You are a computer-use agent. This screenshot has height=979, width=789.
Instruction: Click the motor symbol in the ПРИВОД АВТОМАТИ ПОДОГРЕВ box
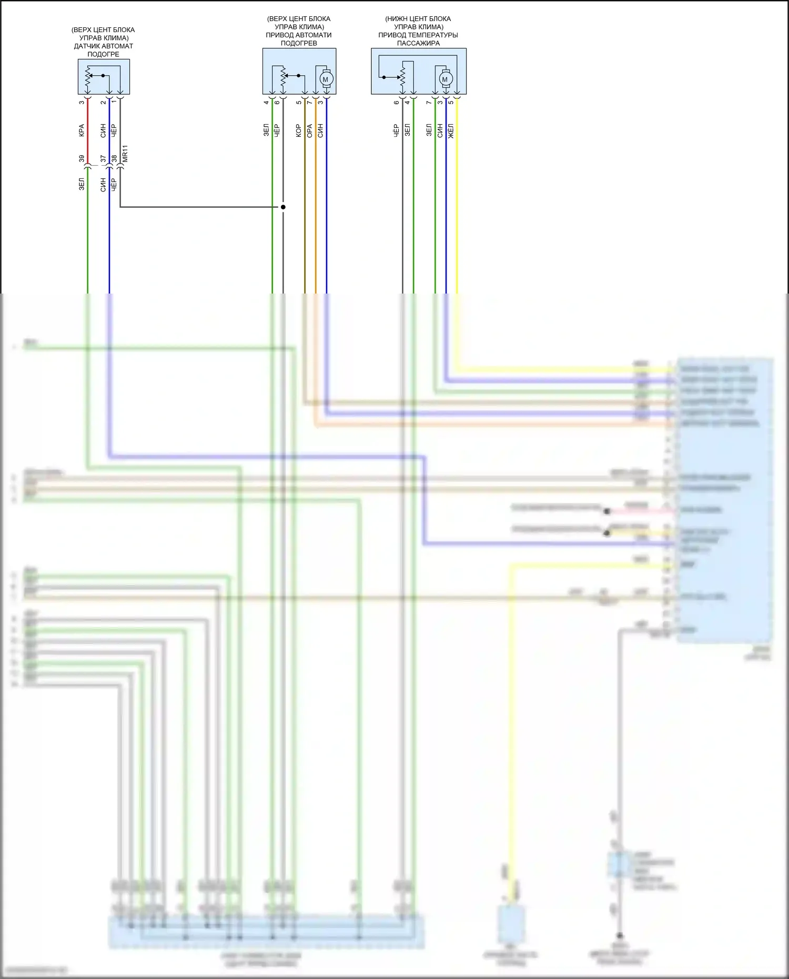[325, 79]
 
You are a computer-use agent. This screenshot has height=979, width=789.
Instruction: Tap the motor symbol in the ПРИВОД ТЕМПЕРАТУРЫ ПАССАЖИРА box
[445, 79]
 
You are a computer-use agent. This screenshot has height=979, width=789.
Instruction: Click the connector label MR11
[125, 153]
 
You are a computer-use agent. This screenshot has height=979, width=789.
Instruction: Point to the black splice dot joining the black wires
[283, 207]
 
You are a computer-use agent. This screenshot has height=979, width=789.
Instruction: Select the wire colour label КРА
[82, 130]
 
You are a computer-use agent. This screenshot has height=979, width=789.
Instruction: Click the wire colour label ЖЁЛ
[451, 131]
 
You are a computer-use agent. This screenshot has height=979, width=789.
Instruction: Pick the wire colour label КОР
[299, 130]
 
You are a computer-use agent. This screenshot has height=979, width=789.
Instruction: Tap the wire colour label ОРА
[310, 130]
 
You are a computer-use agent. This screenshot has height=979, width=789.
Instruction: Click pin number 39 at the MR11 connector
[82, 158]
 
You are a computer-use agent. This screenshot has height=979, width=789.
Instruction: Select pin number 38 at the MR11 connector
[114, 158]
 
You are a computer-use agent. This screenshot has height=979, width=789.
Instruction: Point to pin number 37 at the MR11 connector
[103, 158]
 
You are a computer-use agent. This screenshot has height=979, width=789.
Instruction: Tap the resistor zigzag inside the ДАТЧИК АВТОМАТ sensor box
[88, 76]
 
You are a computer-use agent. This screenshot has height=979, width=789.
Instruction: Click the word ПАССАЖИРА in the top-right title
[418, 43]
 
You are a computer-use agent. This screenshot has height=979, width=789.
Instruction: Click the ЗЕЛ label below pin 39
[82, 184]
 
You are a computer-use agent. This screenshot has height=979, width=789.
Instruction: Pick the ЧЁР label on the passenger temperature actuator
[397, 130]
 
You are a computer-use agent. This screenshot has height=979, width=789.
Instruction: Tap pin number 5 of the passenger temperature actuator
[451, 102]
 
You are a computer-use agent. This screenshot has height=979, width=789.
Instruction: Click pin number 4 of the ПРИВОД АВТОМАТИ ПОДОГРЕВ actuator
[267, 102]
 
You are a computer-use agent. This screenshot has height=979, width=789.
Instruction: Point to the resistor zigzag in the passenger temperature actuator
[403, 77]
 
